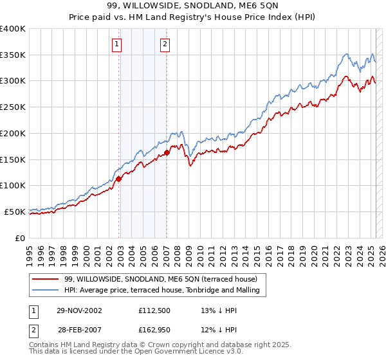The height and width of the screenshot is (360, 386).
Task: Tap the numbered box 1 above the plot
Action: pyautogui.click(x=117, y=44)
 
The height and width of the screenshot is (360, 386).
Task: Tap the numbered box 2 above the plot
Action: pyautogui.click(x=165, y=44)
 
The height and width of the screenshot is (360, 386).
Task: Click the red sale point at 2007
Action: pyautogui.click(x=167, y=153)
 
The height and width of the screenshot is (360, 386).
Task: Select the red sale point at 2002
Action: pyautogui.click(x=118, y=179)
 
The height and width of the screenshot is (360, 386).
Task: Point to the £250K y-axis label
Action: pyautogui.click(x=13, y=107)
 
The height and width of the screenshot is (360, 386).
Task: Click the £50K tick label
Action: pyautogui.click(x=15, y=212)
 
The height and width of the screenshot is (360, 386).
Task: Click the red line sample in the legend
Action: pyautogui.click(x=46, y=279)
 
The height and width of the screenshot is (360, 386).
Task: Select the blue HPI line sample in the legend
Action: pyautogui.click(x=46, y=291)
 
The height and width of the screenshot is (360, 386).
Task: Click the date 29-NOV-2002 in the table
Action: pyautogui.click(x=78, y=310)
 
